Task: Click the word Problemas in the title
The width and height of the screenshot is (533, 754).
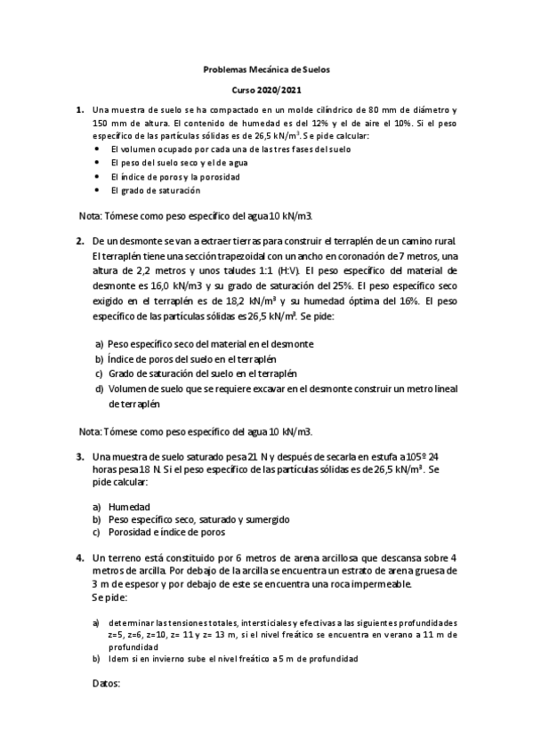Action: click(224, 70)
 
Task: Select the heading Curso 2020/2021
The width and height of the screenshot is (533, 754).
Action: click(267, 91)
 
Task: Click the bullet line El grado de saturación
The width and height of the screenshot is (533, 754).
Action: click(155, 189)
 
